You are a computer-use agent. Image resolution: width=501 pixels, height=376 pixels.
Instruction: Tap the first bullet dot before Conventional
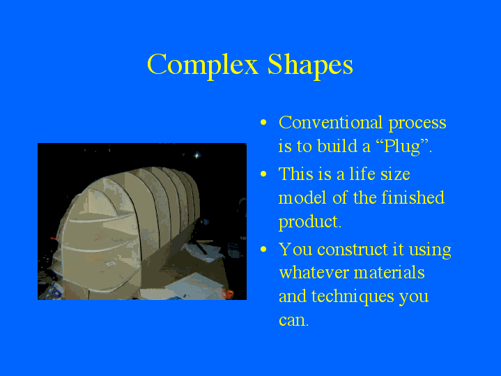(x=263, y=123)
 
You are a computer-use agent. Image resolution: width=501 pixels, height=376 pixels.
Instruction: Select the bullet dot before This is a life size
(x=263, y=174)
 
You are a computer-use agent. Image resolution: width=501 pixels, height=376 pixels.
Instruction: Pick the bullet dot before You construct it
(x=263, y=250)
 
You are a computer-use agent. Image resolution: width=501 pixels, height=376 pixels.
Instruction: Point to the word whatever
(x=311, y=272)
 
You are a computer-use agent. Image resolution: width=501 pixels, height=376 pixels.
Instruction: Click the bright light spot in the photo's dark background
(x=197, y=155)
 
